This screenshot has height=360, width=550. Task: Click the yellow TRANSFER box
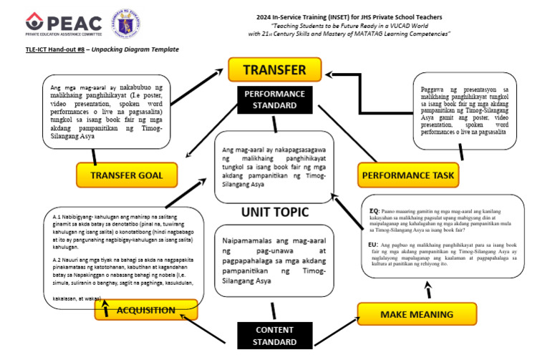click(274, 70)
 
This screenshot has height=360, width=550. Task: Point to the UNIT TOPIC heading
click(274, 213)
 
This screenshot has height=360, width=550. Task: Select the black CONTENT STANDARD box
click(274, 336)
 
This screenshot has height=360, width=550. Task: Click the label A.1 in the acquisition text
click(57, 215)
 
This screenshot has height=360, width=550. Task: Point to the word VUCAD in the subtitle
click(395, 25)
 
